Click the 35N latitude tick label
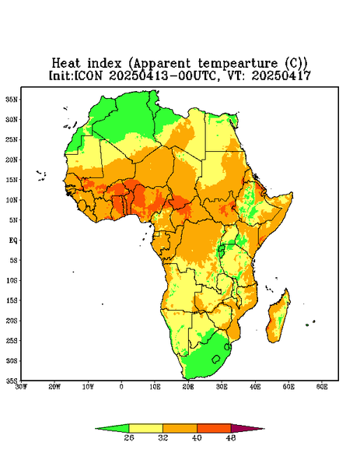point(12,100)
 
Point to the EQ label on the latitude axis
point(13,241)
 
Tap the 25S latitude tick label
point(12,341)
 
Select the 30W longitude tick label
point(21,387)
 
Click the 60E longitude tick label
point(322,387)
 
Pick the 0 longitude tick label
point(121,387)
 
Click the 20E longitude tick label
point(188,387)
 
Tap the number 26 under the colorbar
point(129,437)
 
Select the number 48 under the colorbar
point(231,437)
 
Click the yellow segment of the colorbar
point(145,429)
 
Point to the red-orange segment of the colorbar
point(214,429)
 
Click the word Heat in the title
point(66,63)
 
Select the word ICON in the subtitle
point(88,75)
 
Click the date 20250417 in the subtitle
point(281,75)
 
